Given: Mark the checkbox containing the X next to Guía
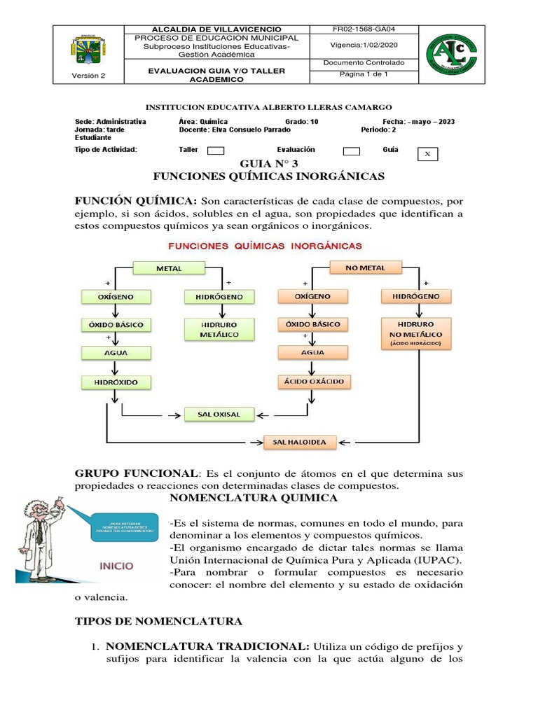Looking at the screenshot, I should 427,154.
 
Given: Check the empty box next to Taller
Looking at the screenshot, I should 216,151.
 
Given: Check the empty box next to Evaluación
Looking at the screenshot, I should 352,151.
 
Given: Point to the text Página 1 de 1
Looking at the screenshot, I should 364,74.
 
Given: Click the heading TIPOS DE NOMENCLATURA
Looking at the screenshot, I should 158,621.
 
